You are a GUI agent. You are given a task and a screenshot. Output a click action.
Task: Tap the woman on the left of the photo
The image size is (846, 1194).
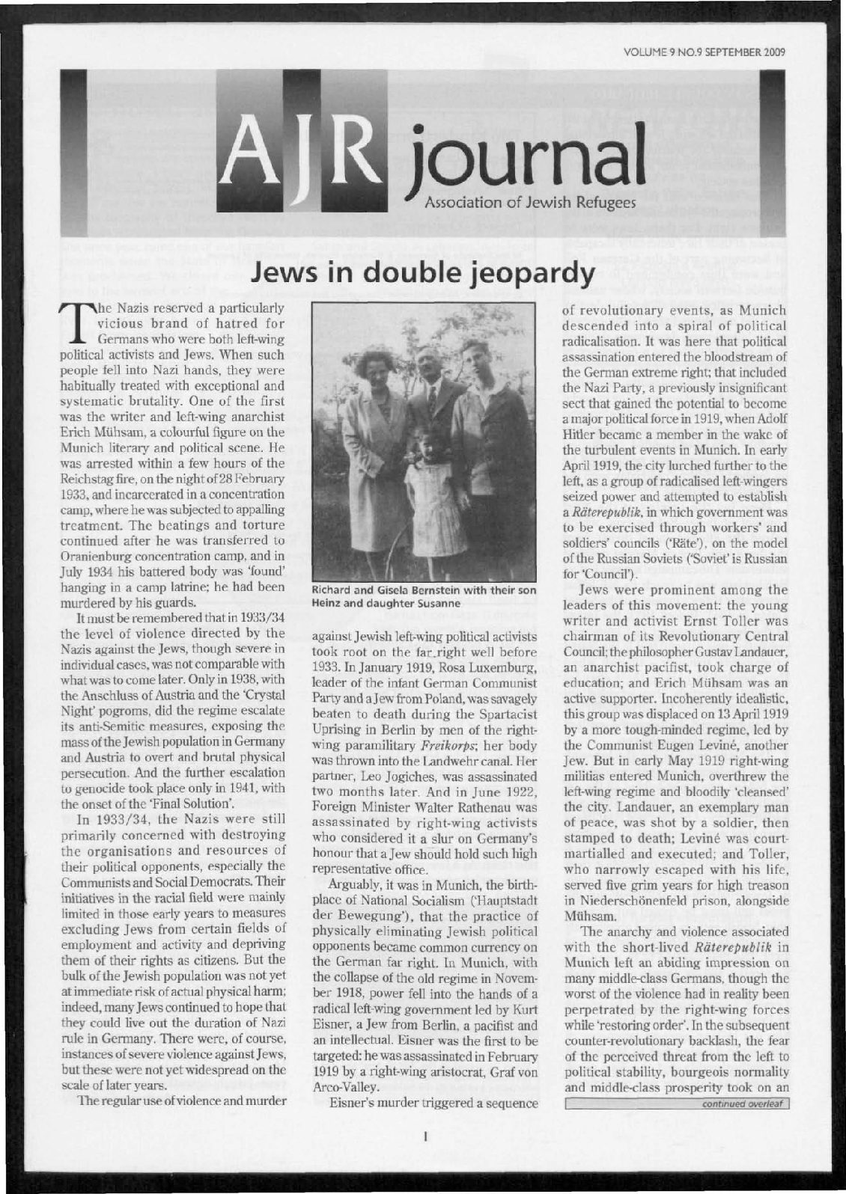click(377, 426)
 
